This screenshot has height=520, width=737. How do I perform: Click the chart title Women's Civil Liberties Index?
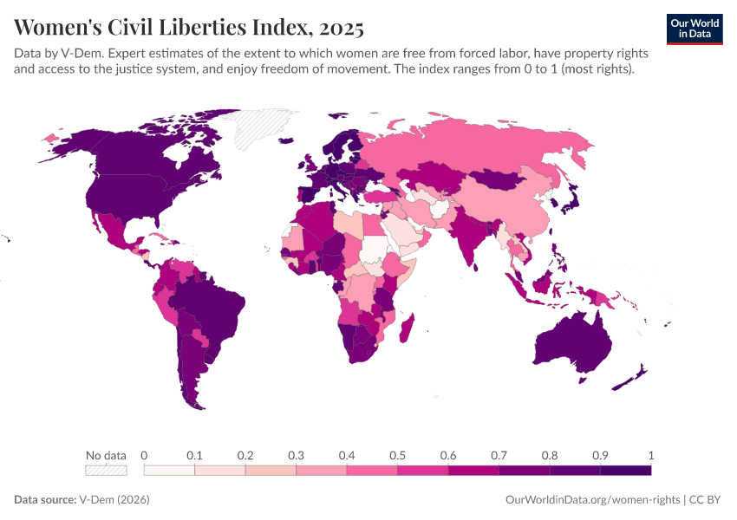tap(165, 28)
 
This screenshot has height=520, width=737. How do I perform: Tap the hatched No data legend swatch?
tap(106, 471)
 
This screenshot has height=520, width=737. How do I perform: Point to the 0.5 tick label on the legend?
tap(397, 455)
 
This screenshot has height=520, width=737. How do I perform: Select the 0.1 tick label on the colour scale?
tap(194, 455)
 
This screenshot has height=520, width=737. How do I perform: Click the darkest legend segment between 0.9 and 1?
tap(625, 471)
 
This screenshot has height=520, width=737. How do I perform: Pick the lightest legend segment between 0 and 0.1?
tap(169, 471)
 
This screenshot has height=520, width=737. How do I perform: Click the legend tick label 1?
tap(650, 455)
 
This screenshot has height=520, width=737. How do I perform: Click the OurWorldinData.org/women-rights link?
tap(592, 500)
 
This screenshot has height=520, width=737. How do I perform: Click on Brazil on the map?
tap(212, 303)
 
